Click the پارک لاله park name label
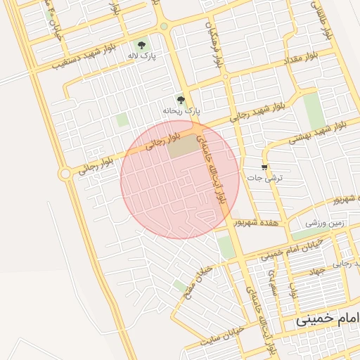click(x=141, y=55)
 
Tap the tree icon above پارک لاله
click(x=143, y=44)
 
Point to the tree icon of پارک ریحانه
click(x=181, y=101)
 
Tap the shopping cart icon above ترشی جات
click(x=264, y=167)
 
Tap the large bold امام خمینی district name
click(x=327, y=318)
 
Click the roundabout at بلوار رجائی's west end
click(x=65, y=173)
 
